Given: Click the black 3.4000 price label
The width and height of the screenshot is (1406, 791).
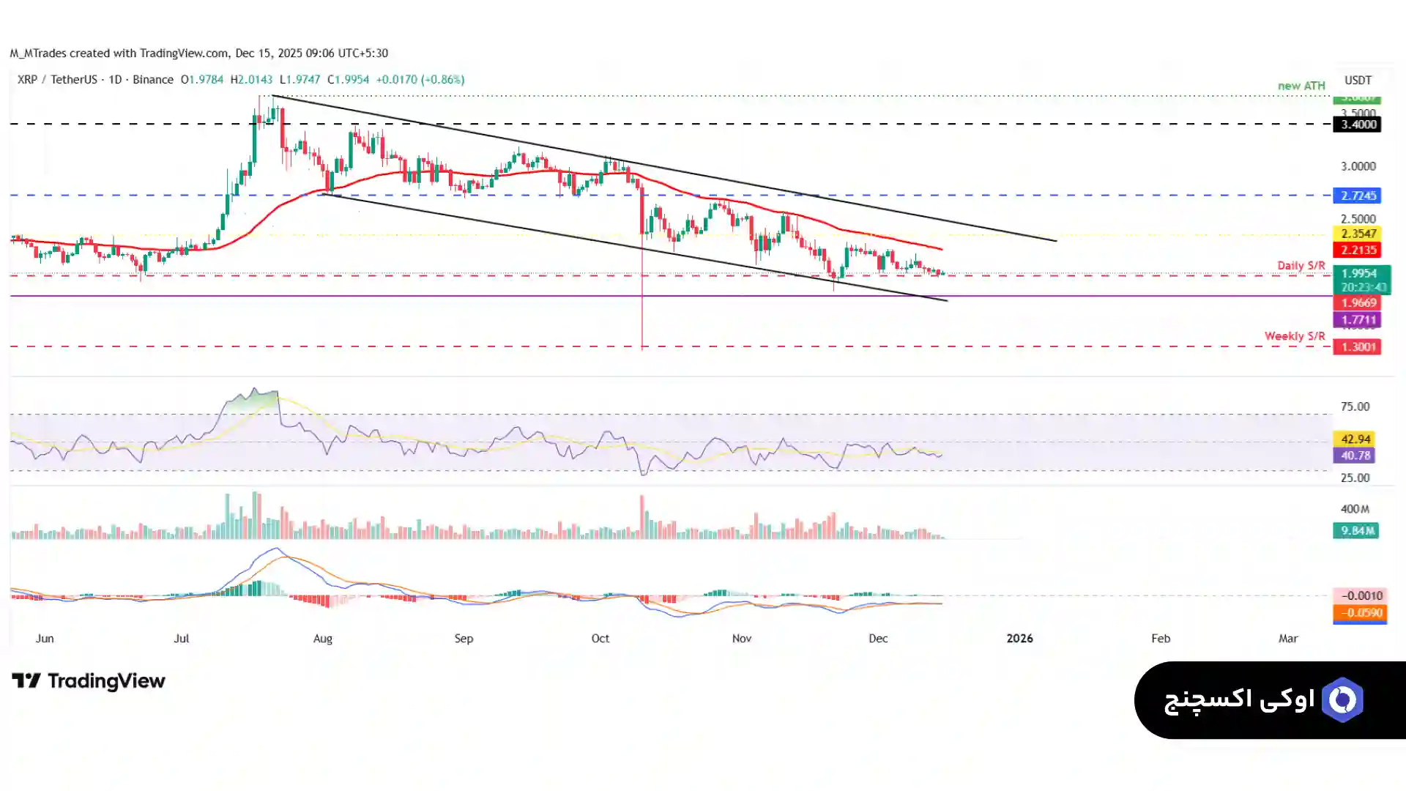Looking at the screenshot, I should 1357,125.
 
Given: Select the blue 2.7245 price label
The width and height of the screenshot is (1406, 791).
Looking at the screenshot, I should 1357,196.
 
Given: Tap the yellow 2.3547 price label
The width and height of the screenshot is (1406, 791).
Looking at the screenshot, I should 1357,234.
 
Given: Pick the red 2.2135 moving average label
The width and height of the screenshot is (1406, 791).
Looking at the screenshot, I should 1357,250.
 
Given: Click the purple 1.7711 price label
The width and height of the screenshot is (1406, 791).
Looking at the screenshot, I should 1357,319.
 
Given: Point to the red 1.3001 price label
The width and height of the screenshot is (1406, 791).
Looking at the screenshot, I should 1357,346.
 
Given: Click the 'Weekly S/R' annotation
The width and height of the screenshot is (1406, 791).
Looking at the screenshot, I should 1294,336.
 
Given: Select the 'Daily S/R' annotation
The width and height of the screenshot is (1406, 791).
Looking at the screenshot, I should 1301,265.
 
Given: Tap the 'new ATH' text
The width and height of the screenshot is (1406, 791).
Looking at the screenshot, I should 1301,86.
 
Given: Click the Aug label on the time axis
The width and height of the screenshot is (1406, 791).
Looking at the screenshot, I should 322,639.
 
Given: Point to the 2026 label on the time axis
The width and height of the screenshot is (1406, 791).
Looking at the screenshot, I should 1019,639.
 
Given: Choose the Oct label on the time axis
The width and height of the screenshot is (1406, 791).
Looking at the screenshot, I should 600,639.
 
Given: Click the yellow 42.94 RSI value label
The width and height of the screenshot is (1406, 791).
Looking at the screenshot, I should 1355,439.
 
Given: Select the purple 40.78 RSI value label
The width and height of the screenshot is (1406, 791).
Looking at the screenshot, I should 1355,456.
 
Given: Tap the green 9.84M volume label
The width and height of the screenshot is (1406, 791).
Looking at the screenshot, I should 1355,530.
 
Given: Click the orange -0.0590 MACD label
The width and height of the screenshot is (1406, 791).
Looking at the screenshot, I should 1360,613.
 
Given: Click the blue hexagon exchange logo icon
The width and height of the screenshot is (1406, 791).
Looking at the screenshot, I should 1342,700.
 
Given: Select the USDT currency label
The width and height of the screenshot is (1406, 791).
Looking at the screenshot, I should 1358,80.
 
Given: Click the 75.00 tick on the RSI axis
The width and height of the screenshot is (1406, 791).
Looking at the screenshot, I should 1355,406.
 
